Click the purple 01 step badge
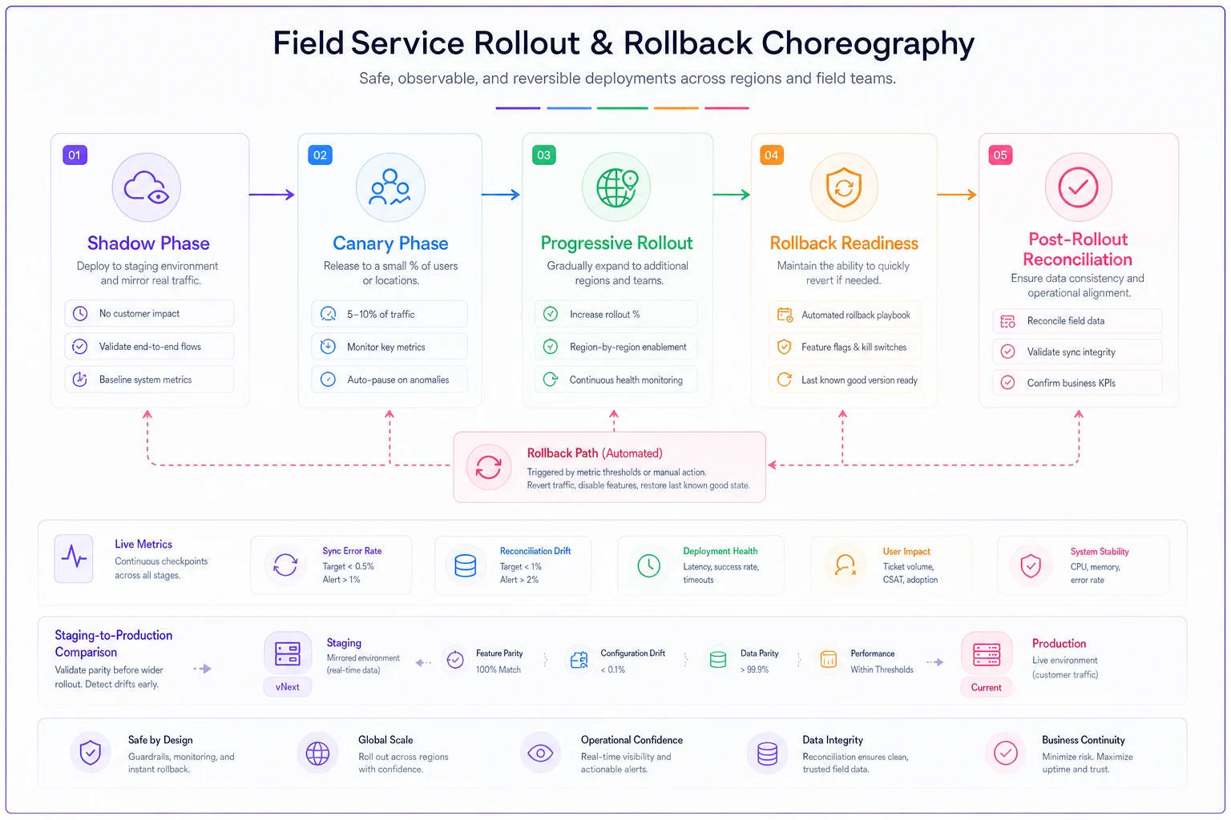(75, 155)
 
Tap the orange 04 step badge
(772, 155)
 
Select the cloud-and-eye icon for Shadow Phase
(146, 187)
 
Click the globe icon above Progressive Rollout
(616, 187)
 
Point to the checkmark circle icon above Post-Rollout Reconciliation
(1078, 187)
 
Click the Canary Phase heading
(390, 243)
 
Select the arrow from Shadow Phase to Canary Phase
(272, 195)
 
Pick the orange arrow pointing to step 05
(957, 195)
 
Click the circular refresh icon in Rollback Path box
(489, 468)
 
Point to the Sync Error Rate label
(352, 551)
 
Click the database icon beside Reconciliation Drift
(466, 565)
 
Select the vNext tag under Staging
(288, 687)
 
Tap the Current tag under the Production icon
(986, 688)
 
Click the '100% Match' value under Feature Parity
(498, 669)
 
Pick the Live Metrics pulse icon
(75, 559)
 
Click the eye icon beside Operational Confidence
(540, 753)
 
